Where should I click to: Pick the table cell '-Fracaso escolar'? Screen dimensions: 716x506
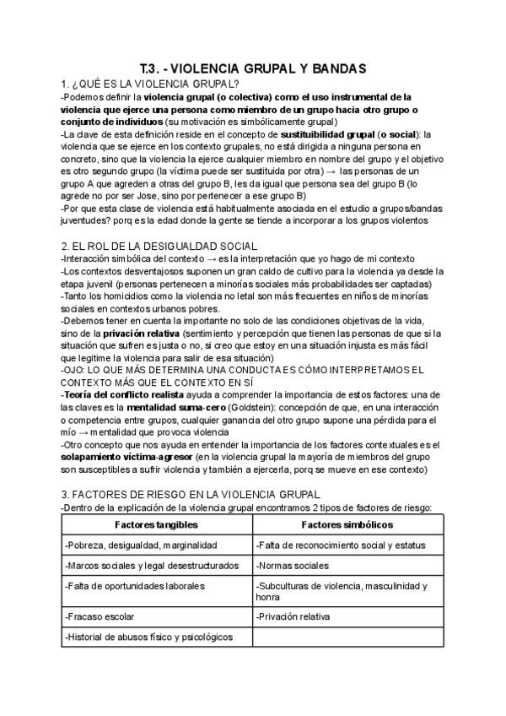coord(99,616)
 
